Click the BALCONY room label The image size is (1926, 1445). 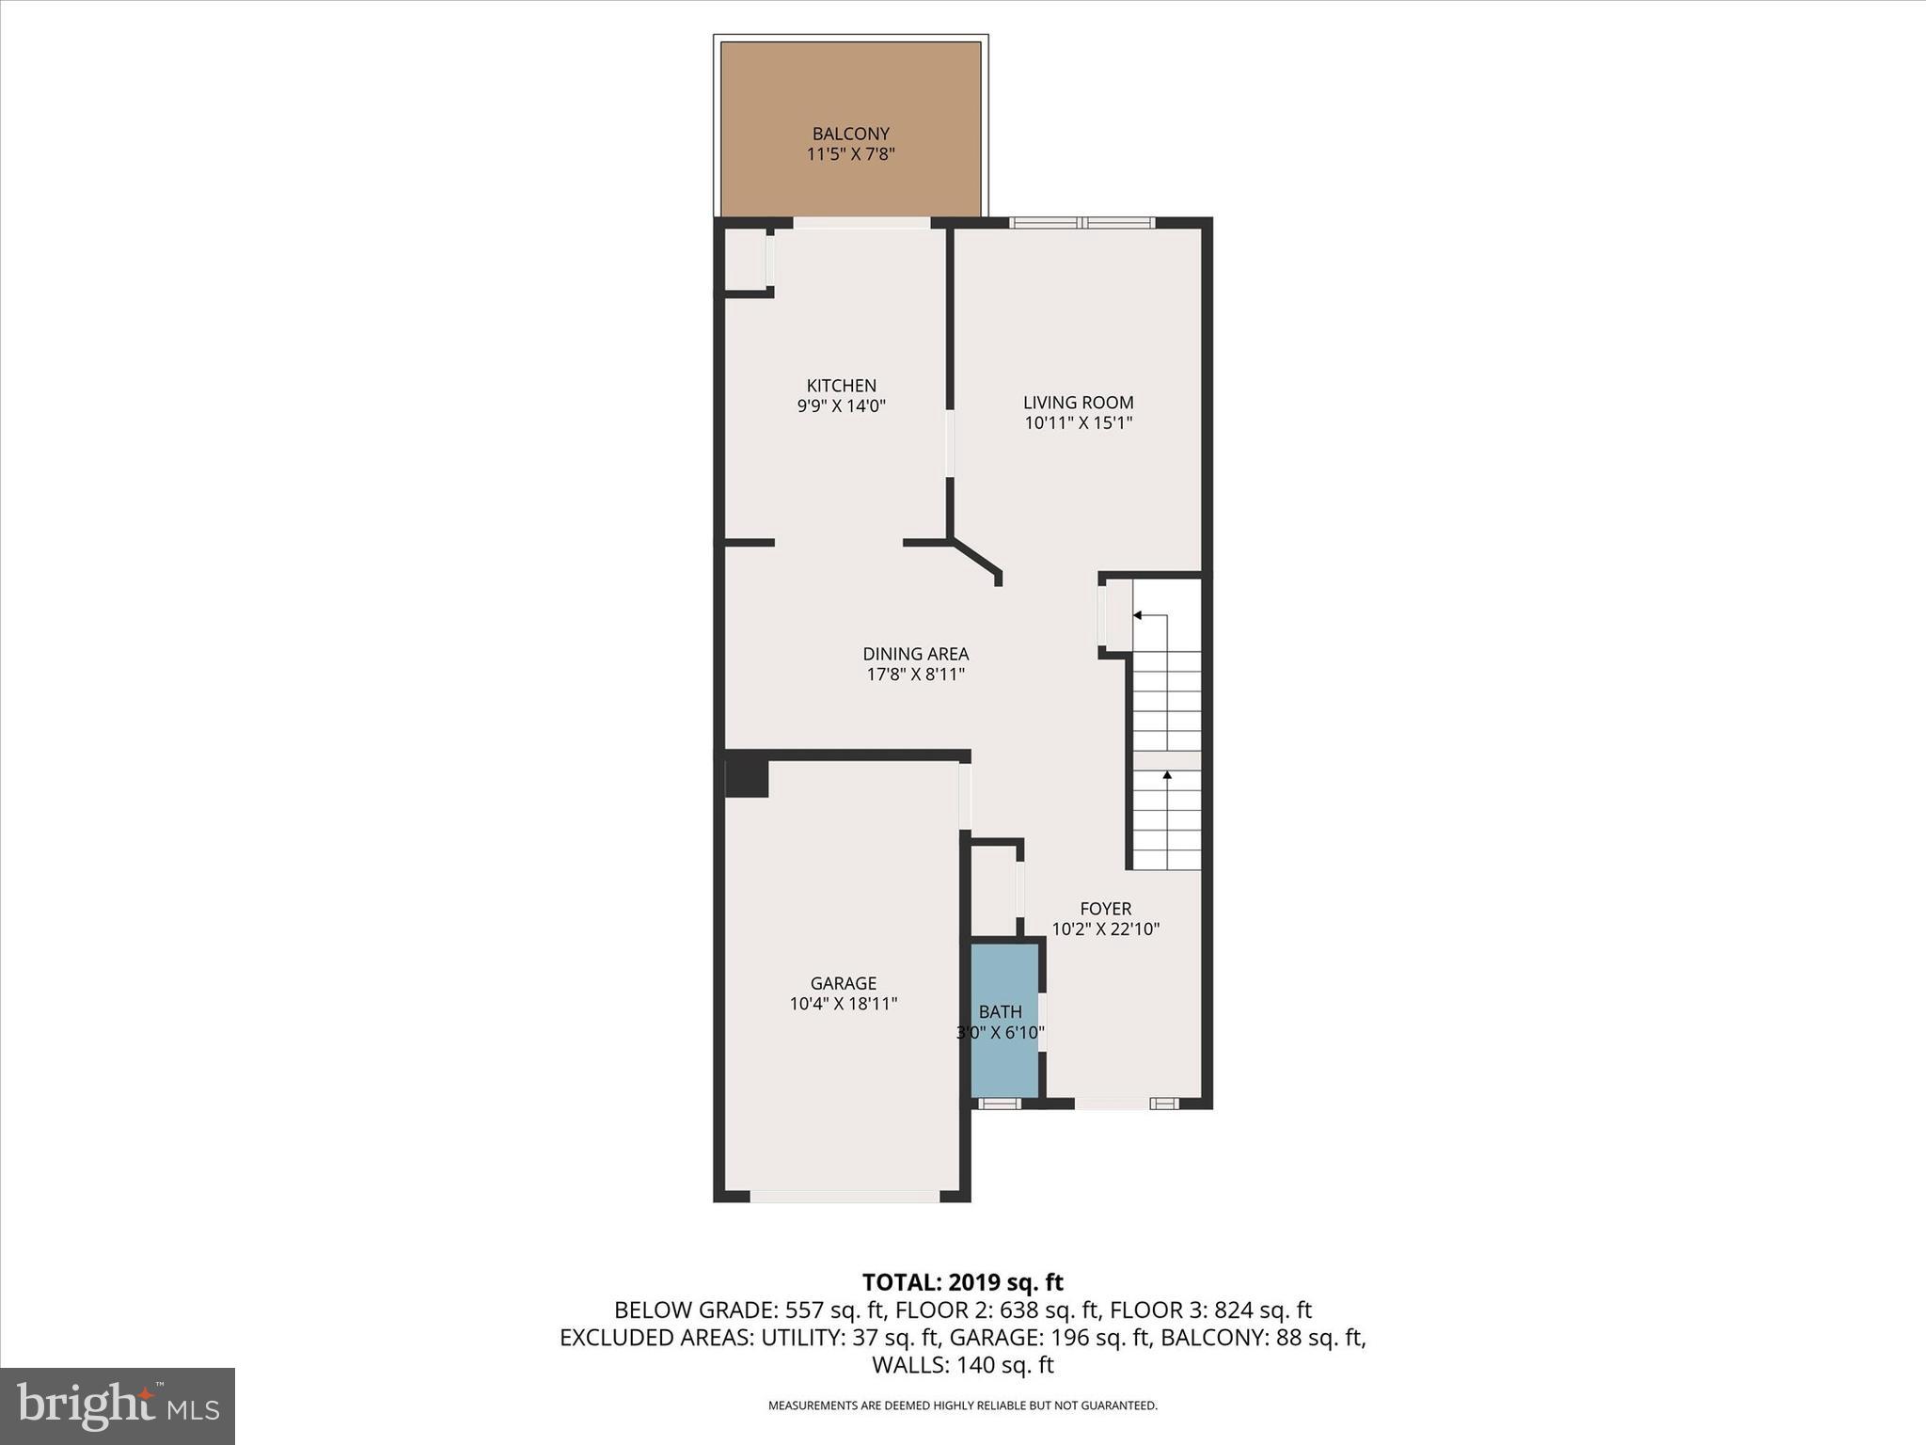click(x=850, y=135)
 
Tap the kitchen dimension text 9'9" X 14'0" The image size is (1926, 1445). click(x=842, y=406)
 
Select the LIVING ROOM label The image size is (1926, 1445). click(x=1078, y=403)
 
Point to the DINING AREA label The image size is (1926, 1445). click(x=915, y=654)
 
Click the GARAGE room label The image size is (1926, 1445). click(x=844, y=983)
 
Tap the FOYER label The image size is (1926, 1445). click(x=1105, y=909)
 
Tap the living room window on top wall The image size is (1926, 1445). click(x=1081, y=223)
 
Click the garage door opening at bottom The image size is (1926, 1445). click(x=844, y=1197)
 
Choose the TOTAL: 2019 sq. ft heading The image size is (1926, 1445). click(x=962, y=1282)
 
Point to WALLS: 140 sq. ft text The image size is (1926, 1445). click(x=962, y=1365)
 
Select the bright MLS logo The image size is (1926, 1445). click(x=118, y=1405)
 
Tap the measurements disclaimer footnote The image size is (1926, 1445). click(x=962, y=1405)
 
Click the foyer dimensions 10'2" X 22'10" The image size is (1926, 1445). click(x=1105, y=929)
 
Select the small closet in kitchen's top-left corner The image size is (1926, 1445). click(x=746, y=261)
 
